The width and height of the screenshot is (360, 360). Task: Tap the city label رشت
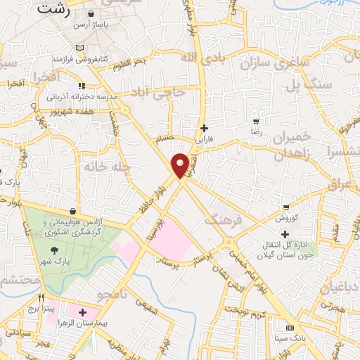(x=57, y=9)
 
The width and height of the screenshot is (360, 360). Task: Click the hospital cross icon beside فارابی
(x=205, y=128)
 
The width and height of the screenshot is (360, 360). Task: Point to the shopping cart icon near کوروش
(x=285, y=207)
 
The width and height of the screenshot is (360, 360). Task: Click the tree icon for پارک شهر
(x=54, y=250)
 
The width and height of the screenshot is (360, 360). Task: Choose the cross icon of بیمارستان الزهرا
(x=84, y=311)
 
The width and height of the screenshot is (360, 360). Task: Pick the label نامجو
(x=113, y=292)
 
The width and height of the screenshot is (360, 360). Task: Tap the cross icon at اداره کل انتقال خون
(x=283, y=233)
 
